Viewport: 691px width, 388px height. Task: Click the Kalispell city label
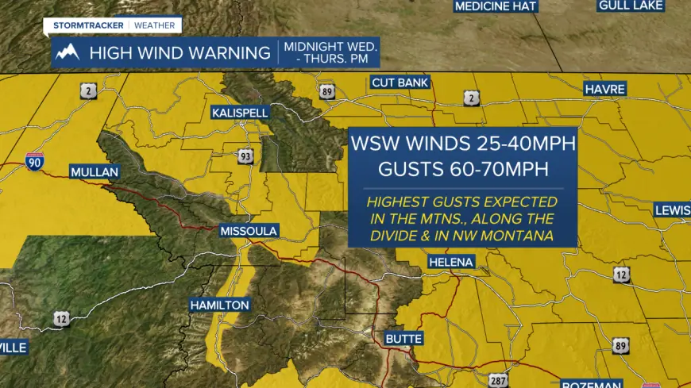point(239,113)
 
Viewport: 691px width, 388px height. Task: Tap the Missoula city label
point(249,231)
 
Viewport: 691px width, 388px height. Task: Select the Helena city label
point(450,262)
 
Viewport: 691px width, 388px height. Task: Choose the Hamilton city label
point(220,305)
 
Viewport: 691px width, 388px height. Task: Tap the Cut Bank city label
point(400,83)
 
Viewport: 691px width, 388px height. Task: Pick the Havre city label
point(604,88)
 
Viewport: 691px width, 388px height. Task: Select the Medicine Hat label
point(496,6)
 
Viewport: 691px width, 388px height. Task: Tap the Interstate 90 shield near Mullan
point(34,161)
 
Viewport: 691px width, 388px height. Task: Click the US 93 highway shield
point(245,156)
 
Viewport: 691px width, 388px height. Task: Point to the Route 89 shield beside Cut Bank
point(327,92)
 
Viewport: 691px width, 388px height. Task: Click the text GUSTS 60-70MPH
point(464,169)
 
